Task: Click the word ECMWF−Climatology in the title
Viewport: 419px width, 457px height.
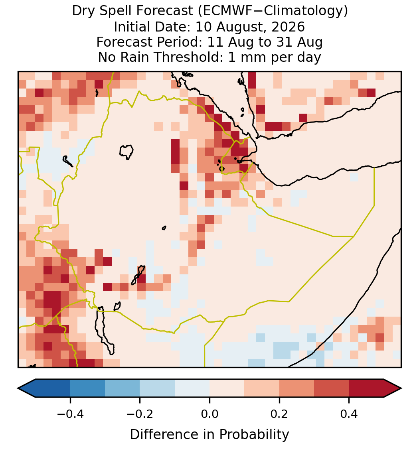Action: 273,12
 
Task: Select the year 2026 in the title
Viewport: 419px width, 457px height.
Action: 288,27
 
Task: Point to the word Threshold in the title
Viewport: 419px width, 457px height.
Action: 188,57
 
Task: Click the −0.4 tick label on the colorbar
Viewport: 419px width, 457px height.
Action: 70,414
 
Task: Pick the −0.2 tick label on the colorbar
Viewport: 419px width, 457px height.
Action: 140,414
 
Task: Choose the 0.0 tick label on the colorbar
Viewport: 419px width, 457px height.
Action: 209,414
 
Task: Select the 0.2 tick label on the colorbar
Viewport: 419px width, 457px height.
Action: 279,414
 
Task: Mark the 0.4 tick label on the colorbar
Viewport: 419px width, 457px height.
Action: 349,414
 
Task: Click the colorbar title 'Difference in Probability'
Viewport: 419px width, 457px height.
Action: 209,435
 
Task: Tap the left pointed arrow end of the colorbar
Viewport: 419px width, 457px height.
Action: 27,388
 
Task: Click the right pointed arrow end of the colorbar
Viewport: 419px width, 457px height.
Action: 393,388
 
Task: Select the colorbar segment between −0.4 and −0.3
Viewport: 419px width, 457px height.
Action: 87,388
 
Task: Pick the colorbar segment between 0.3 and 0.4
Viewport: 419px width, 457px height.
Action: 332,388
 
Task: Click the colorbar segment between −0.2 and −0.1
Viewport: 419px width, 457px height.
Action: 157,388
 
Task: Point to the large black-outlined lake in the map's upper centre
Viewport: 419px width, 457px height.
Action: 126,152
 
